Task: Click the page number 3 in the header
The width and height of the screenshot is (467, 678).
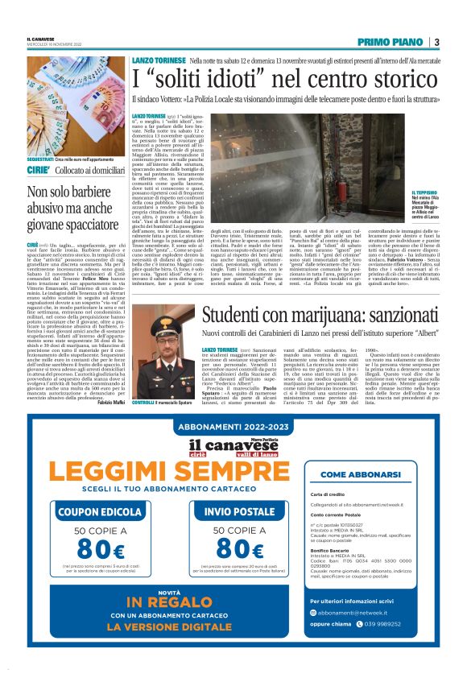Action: [436, 42]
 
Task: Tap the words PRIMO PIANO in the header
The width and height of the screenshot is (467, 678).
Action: [391, 42]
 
